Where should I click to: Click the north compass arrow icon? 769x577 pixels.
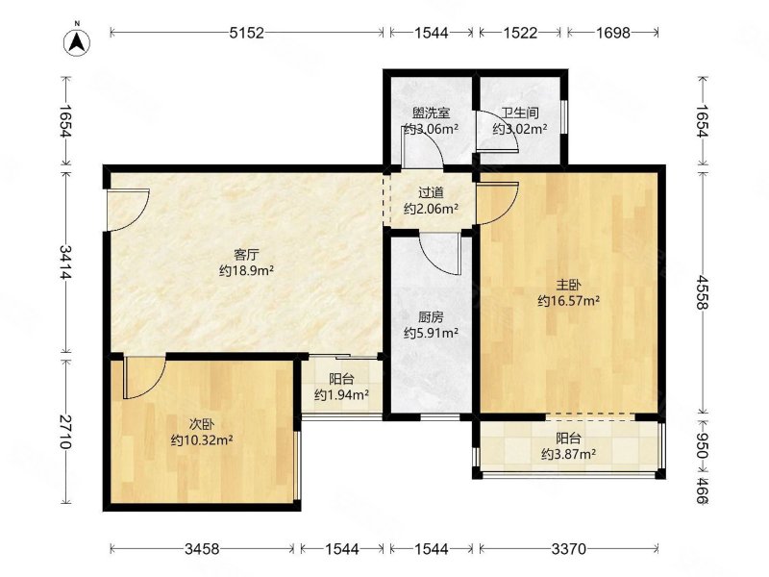coord(78,41)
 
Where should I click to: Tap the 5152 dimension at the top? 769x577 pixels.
coord(247,33)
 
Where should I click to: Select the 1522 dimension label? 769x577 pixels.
coord(520,33)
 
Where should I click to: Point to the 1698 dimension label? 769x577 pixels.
coord(613,33)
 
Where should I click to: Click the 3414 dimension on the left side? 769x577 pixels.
coord(65,262)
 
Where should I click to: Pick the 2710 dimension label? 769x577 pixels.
coord(65,432)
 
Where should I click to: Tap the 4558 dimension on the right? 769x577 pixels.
coord(703,292)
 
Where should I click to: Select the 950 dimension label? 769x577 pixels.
coord(703,445)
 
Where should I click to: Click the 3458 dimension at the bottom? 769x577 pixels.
coord(202,548)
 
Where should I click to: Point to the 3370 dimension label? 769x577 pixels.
coord(569,548)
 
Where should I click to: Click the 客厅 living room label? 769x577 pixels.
coord(246,255)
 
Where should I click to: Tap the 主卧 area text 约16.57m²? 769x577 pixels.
coord(569,301)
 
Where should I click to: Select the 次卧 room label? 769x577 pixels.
coord(202,424)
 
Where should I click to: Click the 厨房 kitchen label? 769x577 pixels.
coord(431,317)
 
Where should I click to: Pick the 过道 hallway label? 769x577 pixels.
coord(431,193)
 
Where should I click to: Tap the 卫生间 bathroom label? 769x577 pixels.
coord(520,113)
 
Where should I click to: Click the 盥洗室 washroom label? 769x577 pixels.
coord(431,113)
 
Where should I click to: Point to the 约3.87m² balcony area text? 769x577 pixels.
coord(569,454)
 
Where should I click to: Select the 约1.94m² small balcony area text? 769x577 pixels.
coord(342,394)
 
